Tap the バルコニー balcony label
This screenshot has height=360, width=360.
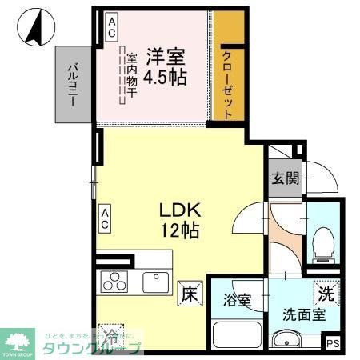(x=71, y=83)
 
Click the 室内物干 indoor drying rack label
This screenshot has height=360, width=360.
(x=130, y=74)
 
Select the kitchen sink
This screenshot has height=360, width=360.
(x=154, y=282)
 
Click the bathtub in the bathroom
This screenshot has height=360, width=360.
(x=238, y=334)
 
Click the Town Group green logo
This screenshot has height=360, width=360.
(x=22, y=342)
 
